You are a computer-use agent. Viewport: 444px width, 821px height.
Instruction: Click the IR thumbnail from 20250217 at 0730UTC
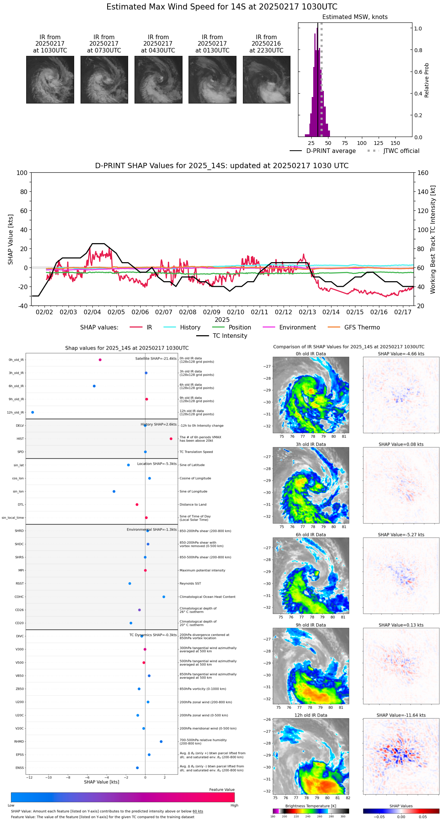click(104, 80)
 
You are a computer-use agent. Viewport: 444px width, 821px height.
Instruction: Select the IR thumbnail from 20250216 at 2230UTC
click(266, 80)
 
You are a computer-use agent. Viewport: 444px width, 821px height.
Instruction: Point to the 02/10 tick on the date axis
click(236, 312)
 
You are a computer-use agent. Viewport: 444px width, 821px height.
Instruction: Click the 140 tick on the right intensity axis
click(423, 192)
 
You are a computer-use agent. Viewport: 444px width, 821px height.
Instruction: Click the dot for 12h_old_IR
click(33, 412)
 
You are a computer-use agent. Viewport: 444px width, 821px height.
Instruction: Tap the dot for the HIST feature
click(171, 439)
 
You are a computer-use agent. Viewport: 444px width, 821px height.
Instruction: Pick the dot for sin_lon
click(114, 492)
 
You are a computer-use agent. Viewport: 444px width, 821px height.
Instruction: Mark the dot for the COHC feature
click(164, 597)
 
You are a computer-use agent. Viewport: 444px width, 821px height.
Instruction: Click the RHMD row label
click(19, 741)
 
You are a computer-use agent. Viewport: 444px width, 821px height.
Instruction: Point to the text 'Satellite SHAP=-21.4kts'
click(156, 358)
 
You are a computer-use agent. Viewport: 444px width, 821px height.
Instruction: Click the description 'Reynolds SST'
click(190, 584)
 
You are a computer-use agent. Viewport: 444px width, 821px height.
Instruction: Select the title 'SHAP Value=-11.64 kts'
click(401, 715)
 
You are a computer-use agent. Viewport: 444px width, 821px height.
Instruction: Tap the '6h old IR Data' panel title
click(311, 535)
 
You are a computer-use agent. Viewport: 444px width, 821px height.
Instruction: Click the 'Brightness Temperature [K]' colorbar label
click(311, 806)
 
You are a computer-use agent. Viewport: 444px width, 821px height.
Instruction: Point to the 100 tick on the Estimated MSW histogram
click(362, 143)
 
